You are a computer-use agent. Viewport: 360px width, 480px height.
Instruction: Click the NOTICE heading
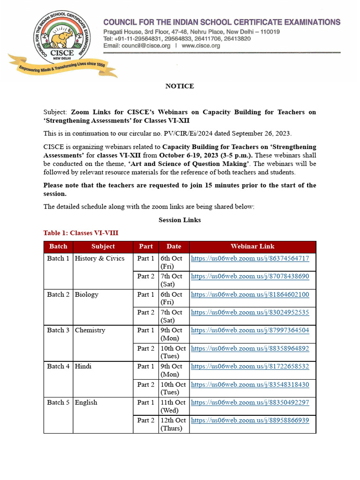[180, 86]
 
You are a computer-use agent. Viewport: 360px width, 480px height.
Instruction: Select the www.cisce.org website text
[201, 46]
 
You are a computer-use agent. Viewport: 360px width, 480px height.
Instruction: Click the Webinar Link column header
[252, 247]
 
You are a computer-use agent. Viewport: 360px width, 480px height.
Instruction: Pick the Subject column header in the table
[103, 247]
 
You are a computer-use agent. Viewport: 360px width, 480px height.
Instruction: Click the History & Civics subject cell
[100, 259]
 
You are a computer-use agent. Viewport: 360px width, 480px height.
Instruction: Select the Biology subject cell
[87, 295]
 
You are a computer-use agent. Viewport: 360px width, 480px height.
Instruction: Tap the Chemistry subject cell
[90, 330]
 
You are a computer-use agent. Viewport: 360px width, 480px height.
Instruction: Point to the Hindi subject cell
[83, 367]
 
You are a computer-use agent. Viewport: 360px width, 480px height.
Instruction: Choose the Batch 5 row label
[58, 403]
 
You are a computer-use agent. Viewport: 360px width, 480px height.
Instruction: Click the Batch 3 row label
[58, 330]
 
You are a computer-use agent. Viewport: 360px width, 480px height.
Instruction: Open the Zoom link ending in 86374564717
[250, 259]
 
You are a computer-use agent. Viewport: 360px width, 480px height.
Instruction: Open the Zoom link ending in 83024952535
[250, 313]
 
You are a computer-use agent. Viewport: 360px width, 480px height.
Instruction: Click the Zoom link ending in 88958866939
[250, 420]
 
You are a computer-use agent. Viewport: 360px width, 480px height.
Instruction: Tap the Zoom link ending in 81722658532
[250, 367]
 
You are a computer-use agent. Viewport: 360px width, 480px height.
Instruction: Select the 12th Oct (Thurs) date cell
[173, 424]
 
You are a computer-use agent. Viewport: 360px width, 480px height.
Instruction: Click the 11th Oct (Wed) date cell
[173, 406]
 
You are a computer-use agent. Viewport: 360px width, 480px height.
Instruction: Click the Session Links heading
[180, 220]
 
